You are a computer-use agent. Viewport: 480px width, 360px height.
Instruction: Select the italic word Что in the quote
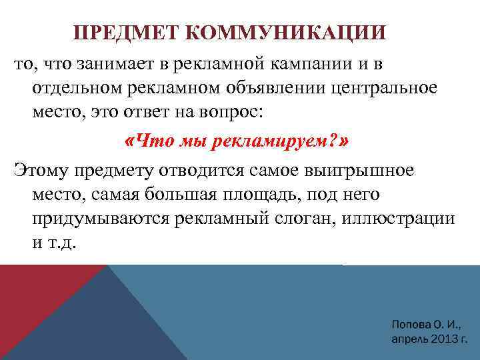tap(154, 141)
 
